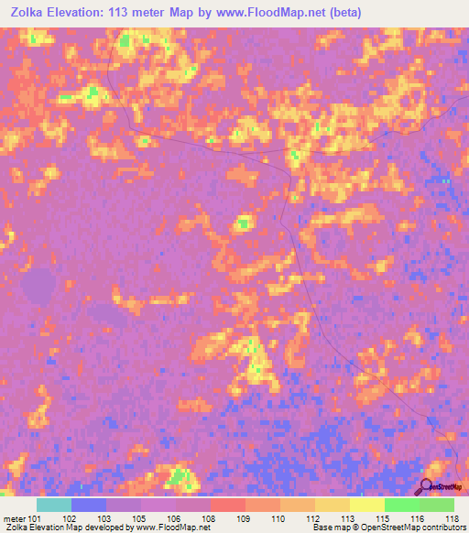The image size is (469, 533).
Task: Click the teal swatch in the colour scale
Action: (x=54, y=505)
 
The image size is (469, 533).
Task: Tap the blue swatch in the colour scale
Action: (x=89, y=505)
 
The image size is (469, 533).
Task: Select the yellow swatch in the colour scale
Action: (x=366, y=505)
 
